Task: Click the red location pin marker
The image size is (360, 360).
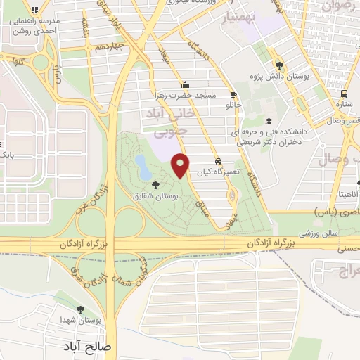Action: coord(181,165)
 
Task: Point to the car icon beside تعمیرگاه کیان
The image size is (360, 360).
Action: coord(218,160)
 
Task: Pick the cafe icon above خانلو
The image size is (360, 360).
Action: coord(233,94)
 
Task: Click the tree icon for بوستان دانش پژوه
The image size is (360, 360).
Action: coord(279,61)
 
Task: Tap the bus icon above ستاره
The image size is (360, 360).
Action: coord(344,94)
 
